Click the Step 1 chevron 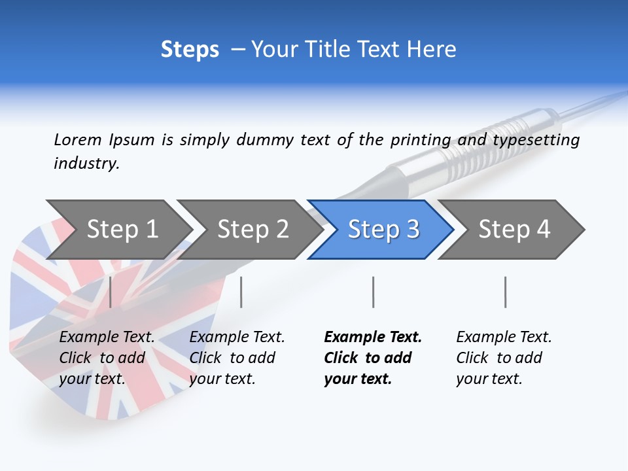tap(121, 229)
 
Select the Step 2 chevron tap(252, 229)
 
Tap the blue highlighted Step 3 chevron tap(383, 229)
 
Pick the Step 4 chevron tap(514, 229)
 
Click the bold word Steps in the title tap(190, 49)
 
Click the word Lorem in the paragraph tap(77, 139)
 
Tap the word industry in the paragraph tap(86, 164)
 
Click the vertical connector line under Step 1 tap(111, 292)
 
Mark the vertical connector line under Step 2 tap(241, 292)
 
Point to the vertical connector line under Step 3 tap(373, 292)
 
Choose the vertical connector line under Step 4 tap(505, 292)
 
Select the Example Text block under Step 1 tap(107, 357)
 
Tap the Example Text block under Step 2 tap(237, 357)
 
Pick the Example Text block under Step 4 tap(504, 357)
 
